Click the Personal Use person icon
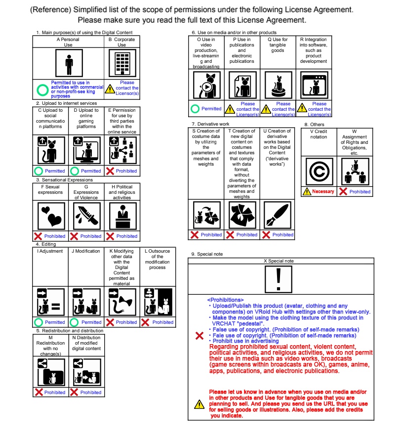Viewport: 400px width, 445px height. pos(69,63)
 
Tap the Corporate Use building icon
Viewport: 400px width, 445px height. pos(122,63)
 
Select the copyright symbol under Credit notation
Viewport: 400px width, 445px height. pos(319,172)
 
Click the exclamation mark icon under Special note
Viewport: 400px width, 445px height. pos(279,279)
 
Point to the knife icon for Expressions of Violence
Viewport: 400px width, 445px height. pos(87,216)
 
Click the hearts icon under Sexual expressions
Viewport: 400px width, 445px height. pos(51,216)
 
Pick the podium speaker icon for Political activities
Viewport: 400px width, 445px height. pos(123,216)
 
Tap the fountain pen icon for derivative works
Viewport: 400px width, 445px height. pos(278,215)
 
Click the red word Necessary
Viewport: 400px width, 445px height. pos(323,191)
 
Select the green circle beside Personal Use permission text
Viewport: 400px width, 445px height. pos(42,90)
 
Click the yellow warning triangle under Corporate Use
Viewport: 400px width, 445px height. pos(110,89)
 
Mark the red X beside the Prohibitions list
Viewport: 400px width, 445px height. pos(200,336)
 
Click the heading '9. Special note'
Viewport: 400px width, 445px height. pos(207,254)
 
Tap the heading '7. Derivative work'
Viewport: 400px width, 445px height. pos(210,124)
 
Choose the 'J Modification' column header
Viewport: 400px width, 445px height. pos(85,251)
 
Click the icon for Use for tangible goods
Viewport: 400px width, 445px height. pos(278,85)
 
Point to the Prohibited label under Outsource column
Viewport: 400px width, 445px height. pos(163,322)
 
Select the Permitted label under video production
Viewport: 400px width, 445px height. pos(211,109)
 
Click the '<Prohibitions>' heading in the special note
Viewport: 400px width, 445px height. pos(225,300)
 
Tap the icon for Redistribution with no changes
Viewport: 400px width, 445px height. pos(51,372)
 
